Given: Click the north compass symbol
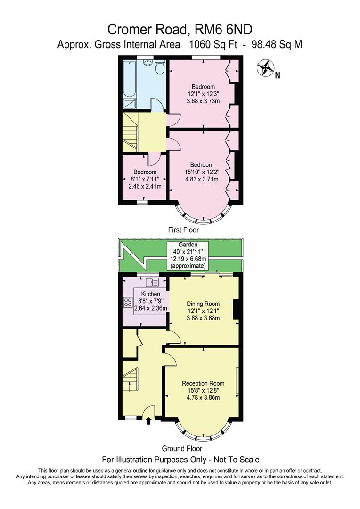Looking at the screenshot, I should coord(265,68).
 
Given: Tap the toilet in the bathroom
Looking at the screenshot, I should coord(160,68).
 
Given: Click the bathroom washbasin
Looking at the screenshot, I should coord(148,63).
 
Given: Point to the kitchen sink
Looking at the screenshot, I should coord(152,282).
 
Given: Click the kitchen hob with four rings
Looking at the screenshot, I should coord(128,302).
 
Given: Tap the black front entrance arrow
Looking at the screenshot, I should coord(149,420).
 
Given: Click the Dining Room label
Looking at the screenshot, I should coord(203,304).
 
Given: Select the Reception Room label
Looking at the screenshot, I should coord(203,383).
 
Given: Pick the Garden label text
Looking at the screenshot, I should coord(188,245).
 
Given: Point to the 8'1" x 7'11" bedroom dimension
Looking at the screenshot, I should coord(145,179).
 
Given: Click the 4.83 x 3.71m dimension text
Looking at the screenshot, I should coord(202,179).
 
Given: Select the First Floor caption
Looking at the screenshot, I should coord(183,230).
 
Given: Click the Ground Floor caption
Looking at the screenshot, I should coord(182,448).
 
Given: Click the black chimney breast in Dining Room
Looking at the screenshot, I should coord(237,311).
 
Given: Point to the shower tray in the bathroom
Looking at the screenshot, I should coord(129,104).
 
